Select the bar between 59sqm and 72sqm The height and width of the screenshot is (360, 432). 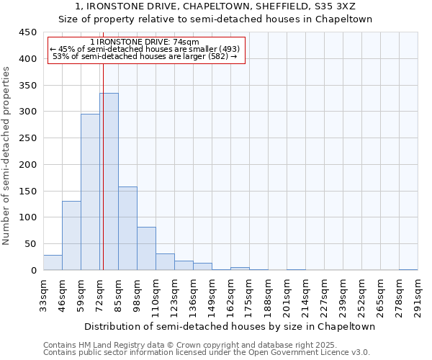(90, 192)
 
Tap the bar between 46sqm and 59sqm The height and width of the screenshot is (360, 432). (71, 235)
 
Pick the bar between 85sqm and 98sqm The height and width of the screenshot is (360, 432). (127, 228)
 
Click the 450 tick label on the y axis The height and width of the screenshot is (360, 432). (27, 32)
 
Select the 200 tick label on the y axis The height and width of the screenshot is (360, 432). (27, 165)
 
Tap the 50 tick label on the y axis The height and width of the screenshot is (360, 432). (30, 244)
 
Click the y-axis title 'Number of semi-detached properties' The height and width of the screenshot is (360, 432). (7, 156)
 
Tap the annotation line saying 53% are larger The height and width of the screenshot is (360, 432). (145, 56)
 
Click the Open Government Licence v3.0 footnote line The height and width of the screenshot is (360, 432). (207, 353)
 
